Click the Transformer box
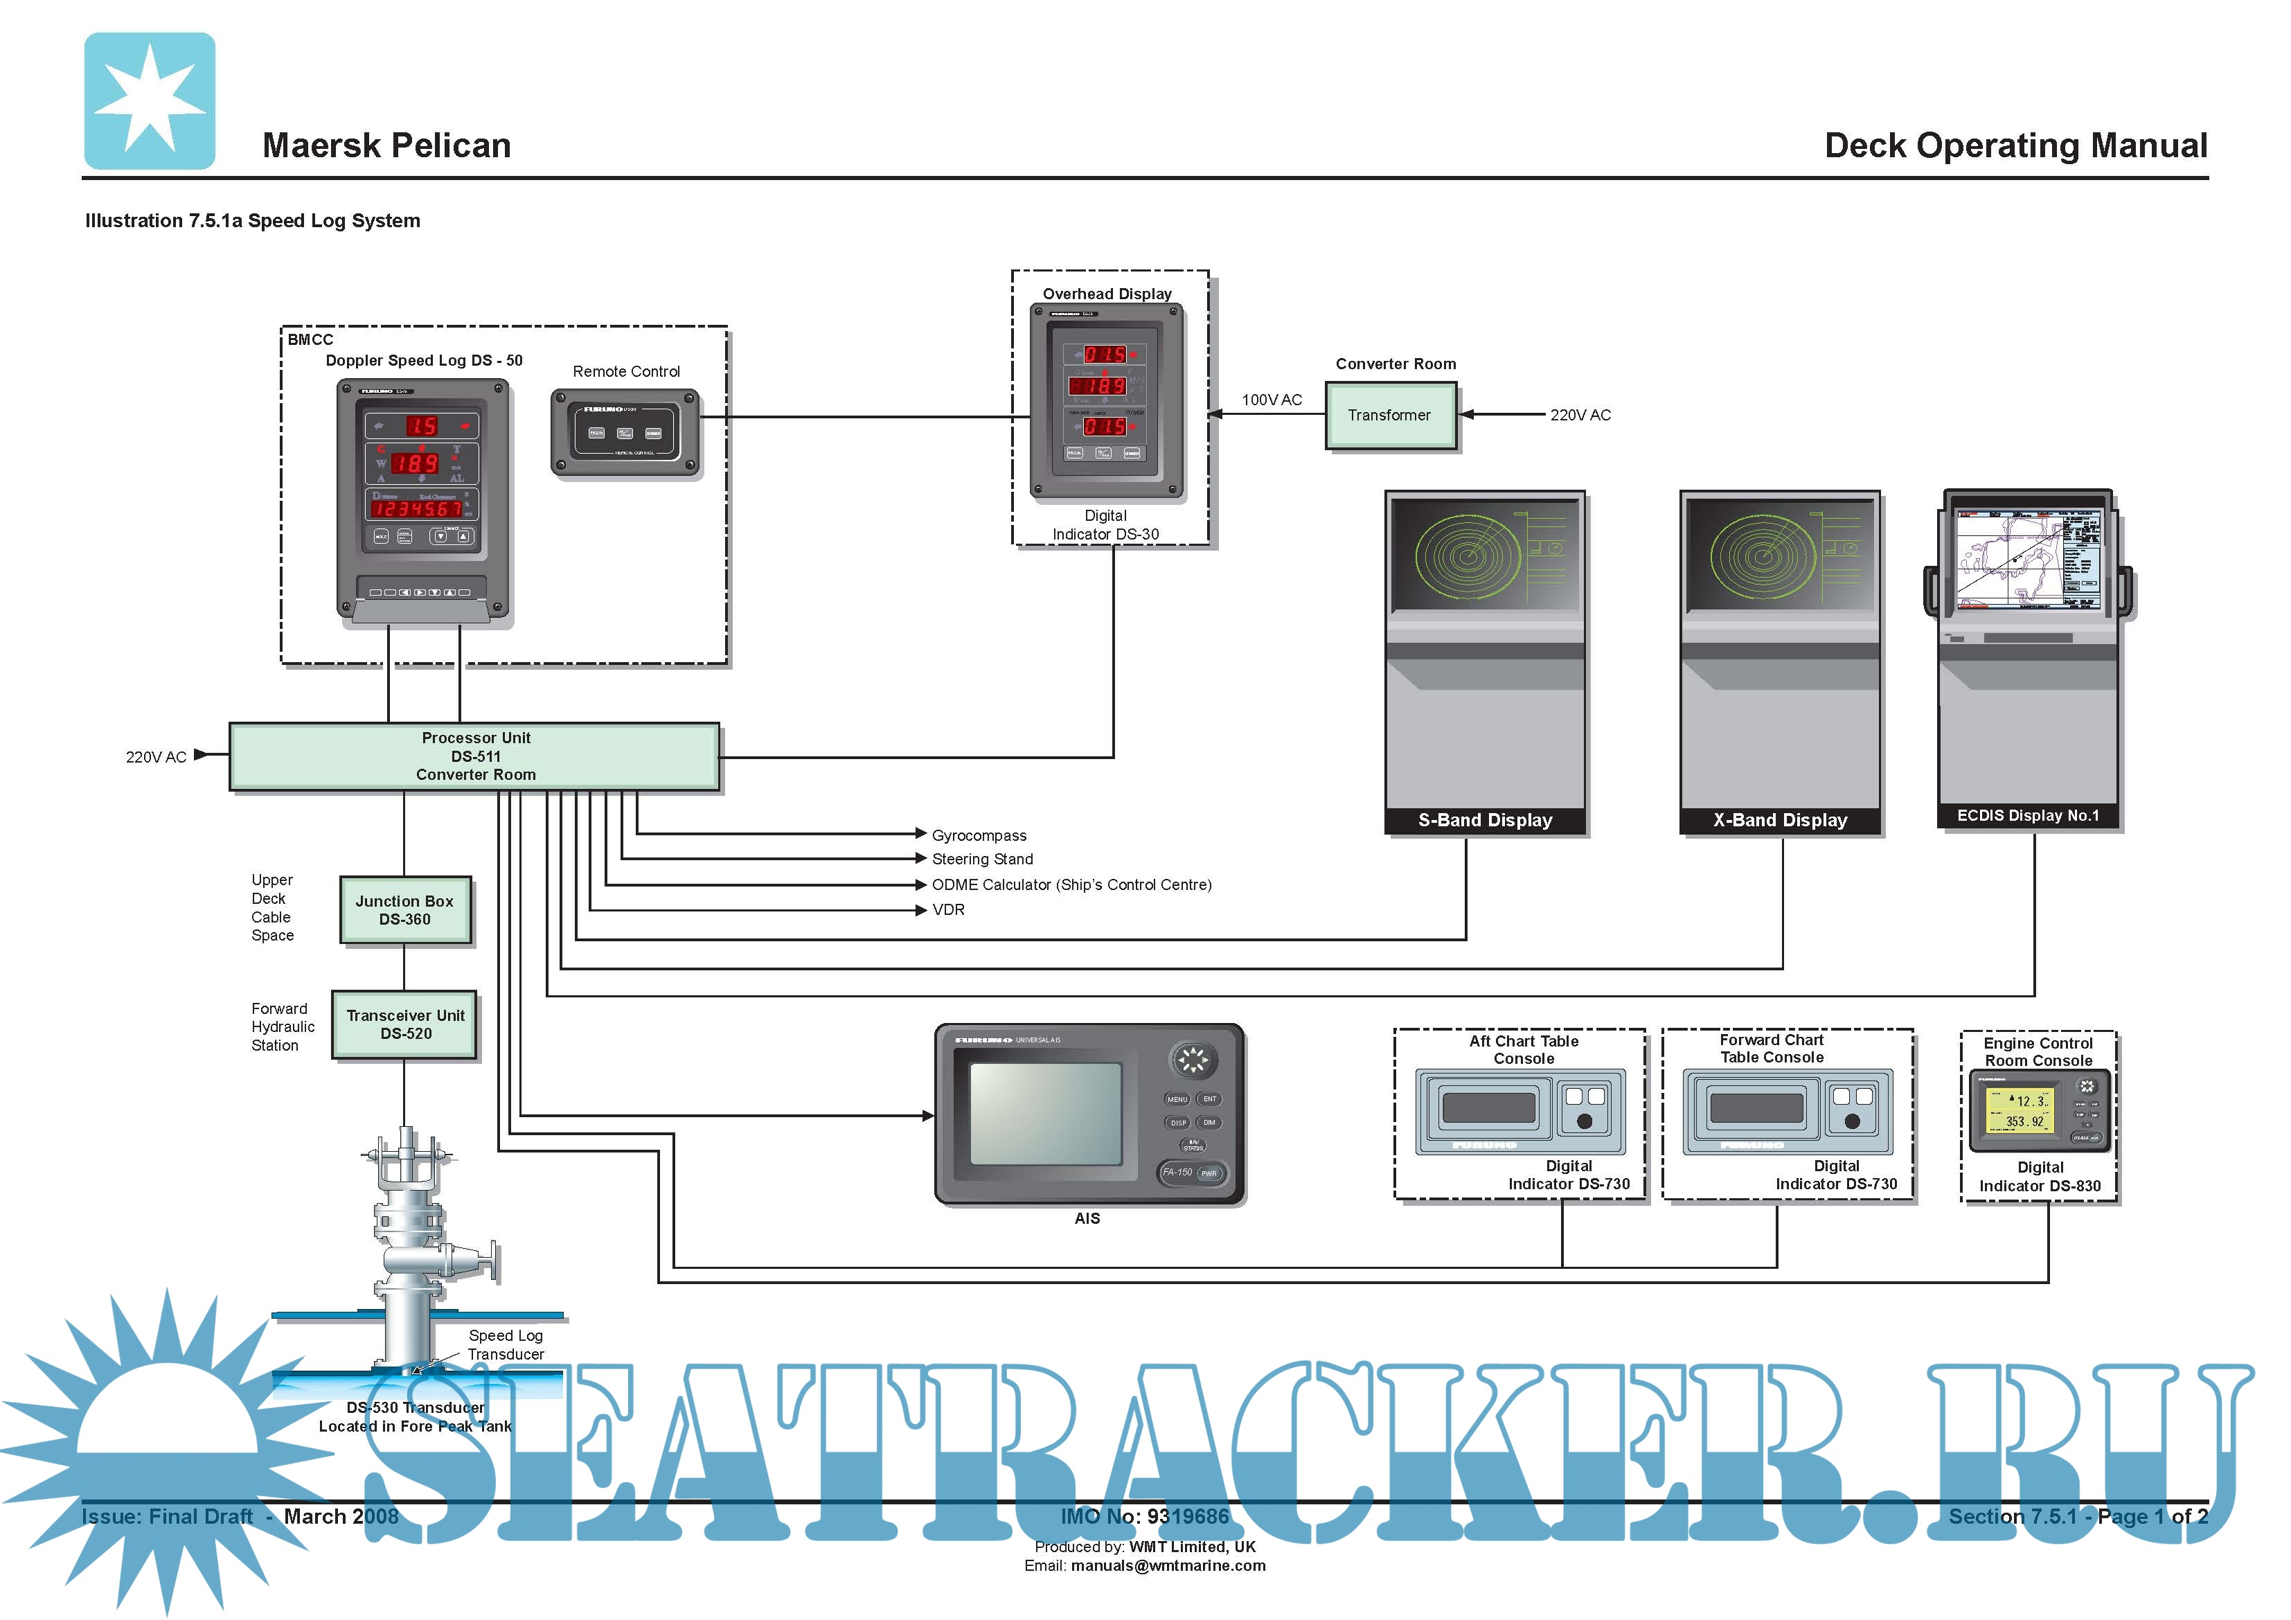tap(1390, 416)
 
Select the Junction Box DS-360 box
tap(404, 910)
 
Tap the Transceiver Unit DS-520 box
tap(405, 1024)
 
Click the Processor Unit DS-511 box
tap(475, 756)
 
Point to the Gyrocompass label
tap(979, 835)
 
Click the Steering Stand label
tap(982, 860)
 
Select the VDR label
tap(948, 910)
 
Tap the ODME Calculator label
tap(1071, 885)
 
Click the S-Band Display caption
tap(1485, 821)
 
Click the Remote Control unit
tap(625, 433)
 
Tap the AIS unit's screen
tap(1044, 1114)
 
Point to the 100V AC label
tap(1272, 400)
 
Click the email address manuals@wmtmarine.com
tap(1168, 1566)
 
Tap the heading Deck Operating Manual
tap(2015, 145)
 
